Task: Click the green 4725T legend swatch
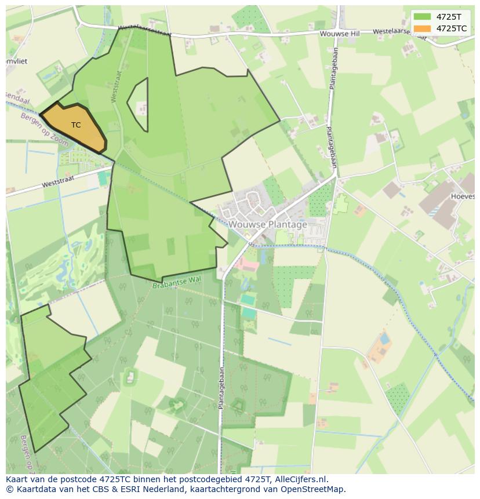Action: [x=422, y=16]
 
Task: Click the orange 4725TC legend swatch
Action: [x=422, y=28]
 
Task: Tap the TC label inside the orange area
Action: [x=76, y=125]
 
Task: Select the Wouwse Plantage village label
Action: [x=268, y=224]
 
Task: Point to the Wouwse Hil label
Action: [x=340, y=34]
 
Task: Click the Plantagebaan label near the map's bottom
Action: [x=221, y=388]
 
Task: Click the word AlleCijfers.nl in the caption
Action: [x=301, y=479]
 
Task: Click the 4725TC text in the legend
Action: [x=452, y=28]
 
